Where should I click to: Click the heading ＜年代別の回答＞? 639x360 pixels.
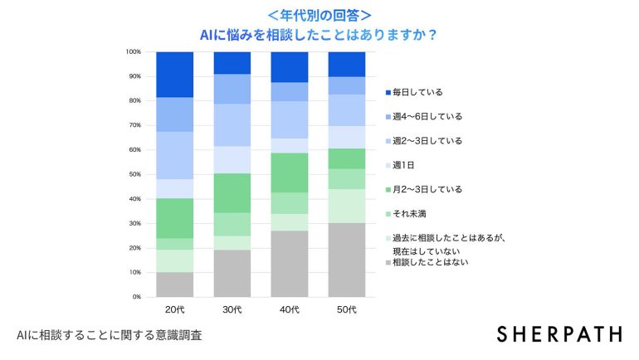point(319,15)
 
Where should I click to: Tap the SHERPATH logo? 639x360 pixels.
point(559,333)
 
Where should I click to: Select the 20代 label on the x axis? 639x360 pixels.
point(174,309)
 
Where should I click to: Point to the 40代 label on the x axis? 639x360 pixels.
point(290,309)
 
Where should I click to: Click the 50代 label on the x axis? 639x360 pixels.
point(347,309)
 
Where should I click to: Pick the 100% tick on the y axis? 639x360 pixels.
point(134,52)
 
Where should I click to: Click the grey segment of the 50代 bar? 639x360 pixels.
point(347,260)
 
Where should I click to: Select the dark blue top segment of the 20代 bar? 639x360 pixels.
point(174,75)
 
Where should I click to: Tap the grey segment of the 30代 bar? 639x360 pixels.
point(232,273)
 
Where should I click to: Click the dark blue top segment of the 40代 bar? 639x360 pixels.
point(290,67)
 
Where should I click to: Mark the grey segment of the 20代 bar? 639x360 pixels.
point(174,284)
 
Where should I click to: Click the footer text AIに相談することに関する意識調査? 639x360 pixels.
point(109,336)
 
